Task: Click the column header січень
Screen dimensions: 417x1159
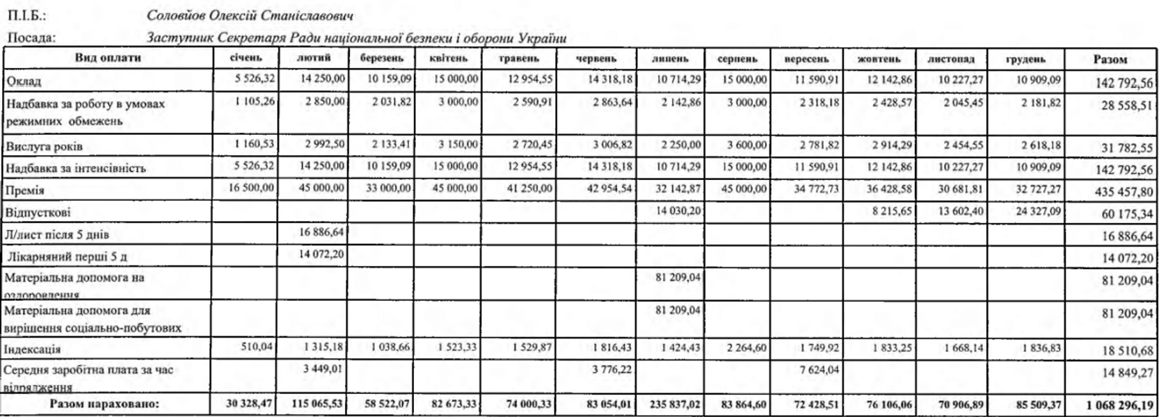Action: pyautogui.click(x=246, y=58)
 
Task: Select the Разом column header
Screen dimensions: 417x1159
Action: pyautogui.click(x=1110, y=59)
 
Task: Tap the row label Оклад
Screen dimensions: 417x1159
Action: pyautogui.click(x=24, y=81)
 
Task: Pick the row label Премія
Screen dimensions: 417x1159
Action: pyautogui.click(x=25, y=190)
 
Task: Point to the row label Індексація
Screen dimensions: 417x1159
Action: pyautogui.click(x=33, y=349)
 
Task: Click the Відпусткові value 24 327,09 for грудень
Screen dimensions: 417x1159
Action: pyautogui.click(x=1038, y=211)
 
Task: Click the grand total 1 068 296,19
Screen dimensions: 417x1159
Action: pyautogui.click(x=1114, y=404)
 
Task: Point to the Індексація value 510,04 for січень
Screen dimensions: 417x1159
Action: pyautogui.click(x=257, y=345)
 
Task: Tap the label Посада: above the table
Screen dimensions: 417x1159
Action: pyautogui.click(x=31, y=38)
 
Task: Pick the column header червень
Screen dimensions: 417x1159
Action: pyautogui.click(x=596, y=58)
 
